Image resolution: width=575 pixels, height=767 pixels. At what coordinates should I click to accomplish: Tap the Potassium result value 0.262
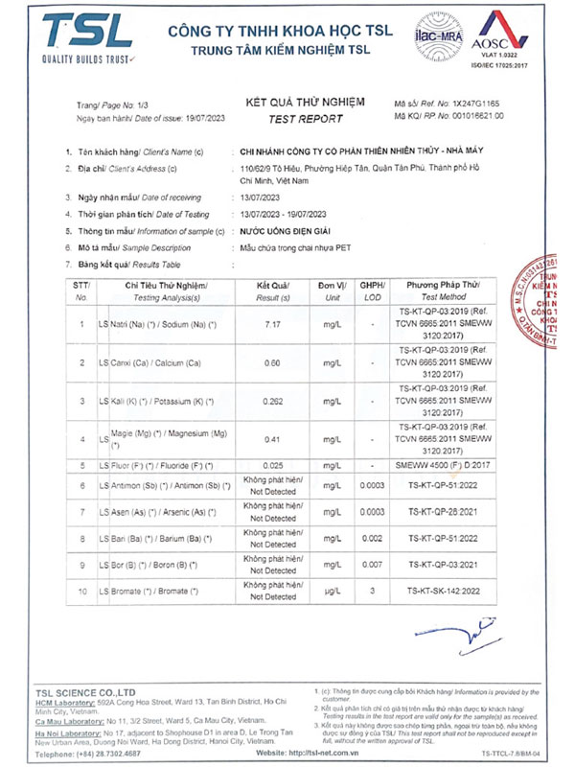[274, 402]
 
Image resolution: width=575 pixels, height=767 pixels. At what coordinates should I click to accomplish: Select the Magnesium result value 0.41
[272, 439]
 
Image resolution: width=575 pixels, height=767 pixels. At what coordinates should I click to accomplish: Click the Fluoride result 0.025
[274, 465]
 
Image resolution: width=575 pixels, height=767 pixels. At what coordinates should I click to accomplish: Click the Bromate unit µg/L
[333, 591]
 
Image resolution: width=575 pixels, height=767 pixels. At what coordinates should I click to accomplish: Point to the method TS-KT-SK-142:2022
[443, 591]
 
